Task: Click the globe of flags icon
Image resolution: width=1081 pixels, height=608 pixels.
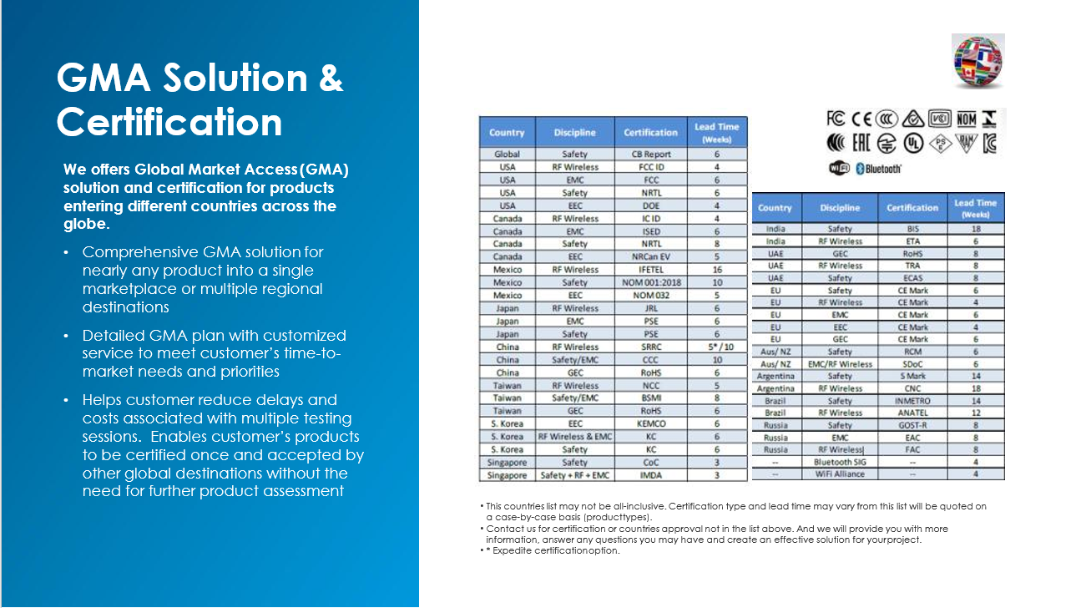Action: [x=978, y=61]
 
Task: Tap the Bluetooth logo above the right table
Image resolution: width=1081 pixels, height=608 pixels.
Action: [x=878, y=169]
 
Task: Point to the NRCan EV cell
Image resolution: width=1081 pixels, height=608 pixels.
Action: [x=651, y=257]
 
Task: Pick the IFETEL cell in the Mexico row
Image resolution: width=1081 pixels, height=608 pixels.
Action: [x=651, y=270]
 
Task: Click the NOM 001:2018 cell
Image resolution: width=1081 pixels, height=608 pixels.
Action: [x=651, y=282]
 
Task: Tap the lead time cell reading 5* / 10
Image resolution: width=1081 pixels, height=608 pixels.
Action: [x=716, y=347]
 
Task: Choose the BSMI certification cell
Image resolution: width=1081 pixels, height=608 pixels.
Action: [x=651, y=398]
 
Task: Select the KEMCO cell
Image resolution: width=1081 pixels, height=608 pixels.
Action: [x=651, y=423]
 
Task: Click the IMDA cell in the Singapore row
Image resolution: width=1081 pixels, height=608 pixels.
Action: [x=651, y=475]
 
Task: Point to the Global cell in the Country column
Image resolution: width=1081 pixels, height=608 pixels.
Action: [x=507, y=154]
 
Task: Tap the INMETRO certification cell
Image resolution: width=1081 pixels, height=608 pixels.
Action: [x=912, y=401]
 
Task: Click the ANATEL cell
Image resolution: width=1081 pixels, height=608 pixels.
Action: [x=912, y=413]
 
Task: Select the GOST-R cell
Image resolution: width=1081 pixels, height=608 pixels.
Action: [x=912, y=425]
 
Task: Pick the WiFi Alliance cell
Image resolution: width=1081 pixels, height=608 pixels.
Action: [x=840, y=474]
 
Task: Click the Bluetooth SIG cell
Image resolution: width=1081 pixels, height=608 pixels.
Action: [x=840, y=462]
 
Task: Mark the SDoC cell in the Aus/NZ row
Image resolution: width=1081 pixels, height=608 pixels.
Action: [x=912, y=364]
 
